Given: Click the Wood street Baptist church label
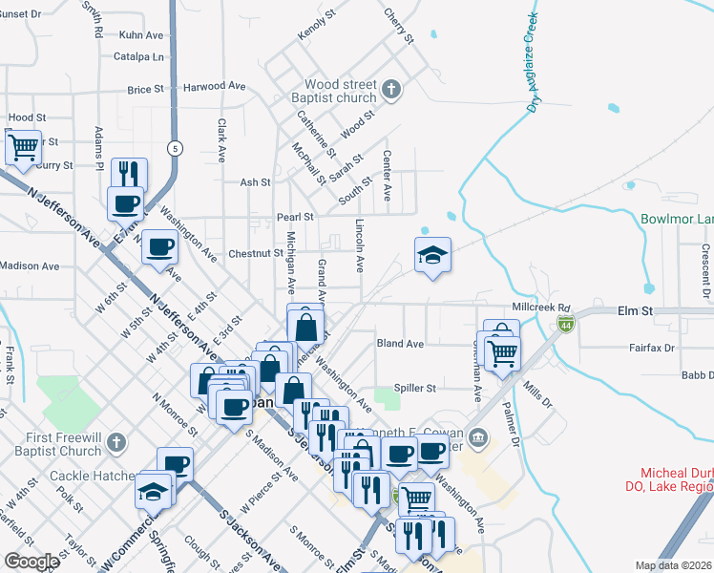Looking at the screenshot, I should (x=341, y=91).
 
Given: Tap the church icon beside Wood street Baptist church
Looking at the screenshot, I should (x=389, y=91).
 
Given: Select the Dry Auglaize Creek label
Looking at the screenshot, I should (x=531, y=62).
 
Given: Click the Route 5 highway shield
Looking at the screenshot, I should (x=175, y=148).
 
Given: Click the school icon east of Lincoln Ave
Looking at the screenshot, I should (x=432, y=254).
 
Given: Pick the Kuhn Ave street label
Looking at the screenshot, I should (x=142, y=34).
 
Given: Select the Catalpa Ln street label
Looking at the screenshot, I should (x=138, y=56).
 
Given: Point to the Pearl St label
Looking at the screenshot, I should (x=296, y=217).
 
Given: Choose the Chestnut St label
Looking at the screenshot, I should (x=256, y=254).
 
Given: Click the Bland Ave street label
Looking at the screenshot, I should (x=400, y=343).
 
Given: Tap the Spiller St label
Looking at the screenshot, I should (x=416, y=389).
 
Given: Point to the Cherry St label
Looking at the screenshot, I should (x=398, y=26).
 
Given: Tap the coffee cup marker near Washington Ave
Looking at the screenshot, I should (x=158, y=246).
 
